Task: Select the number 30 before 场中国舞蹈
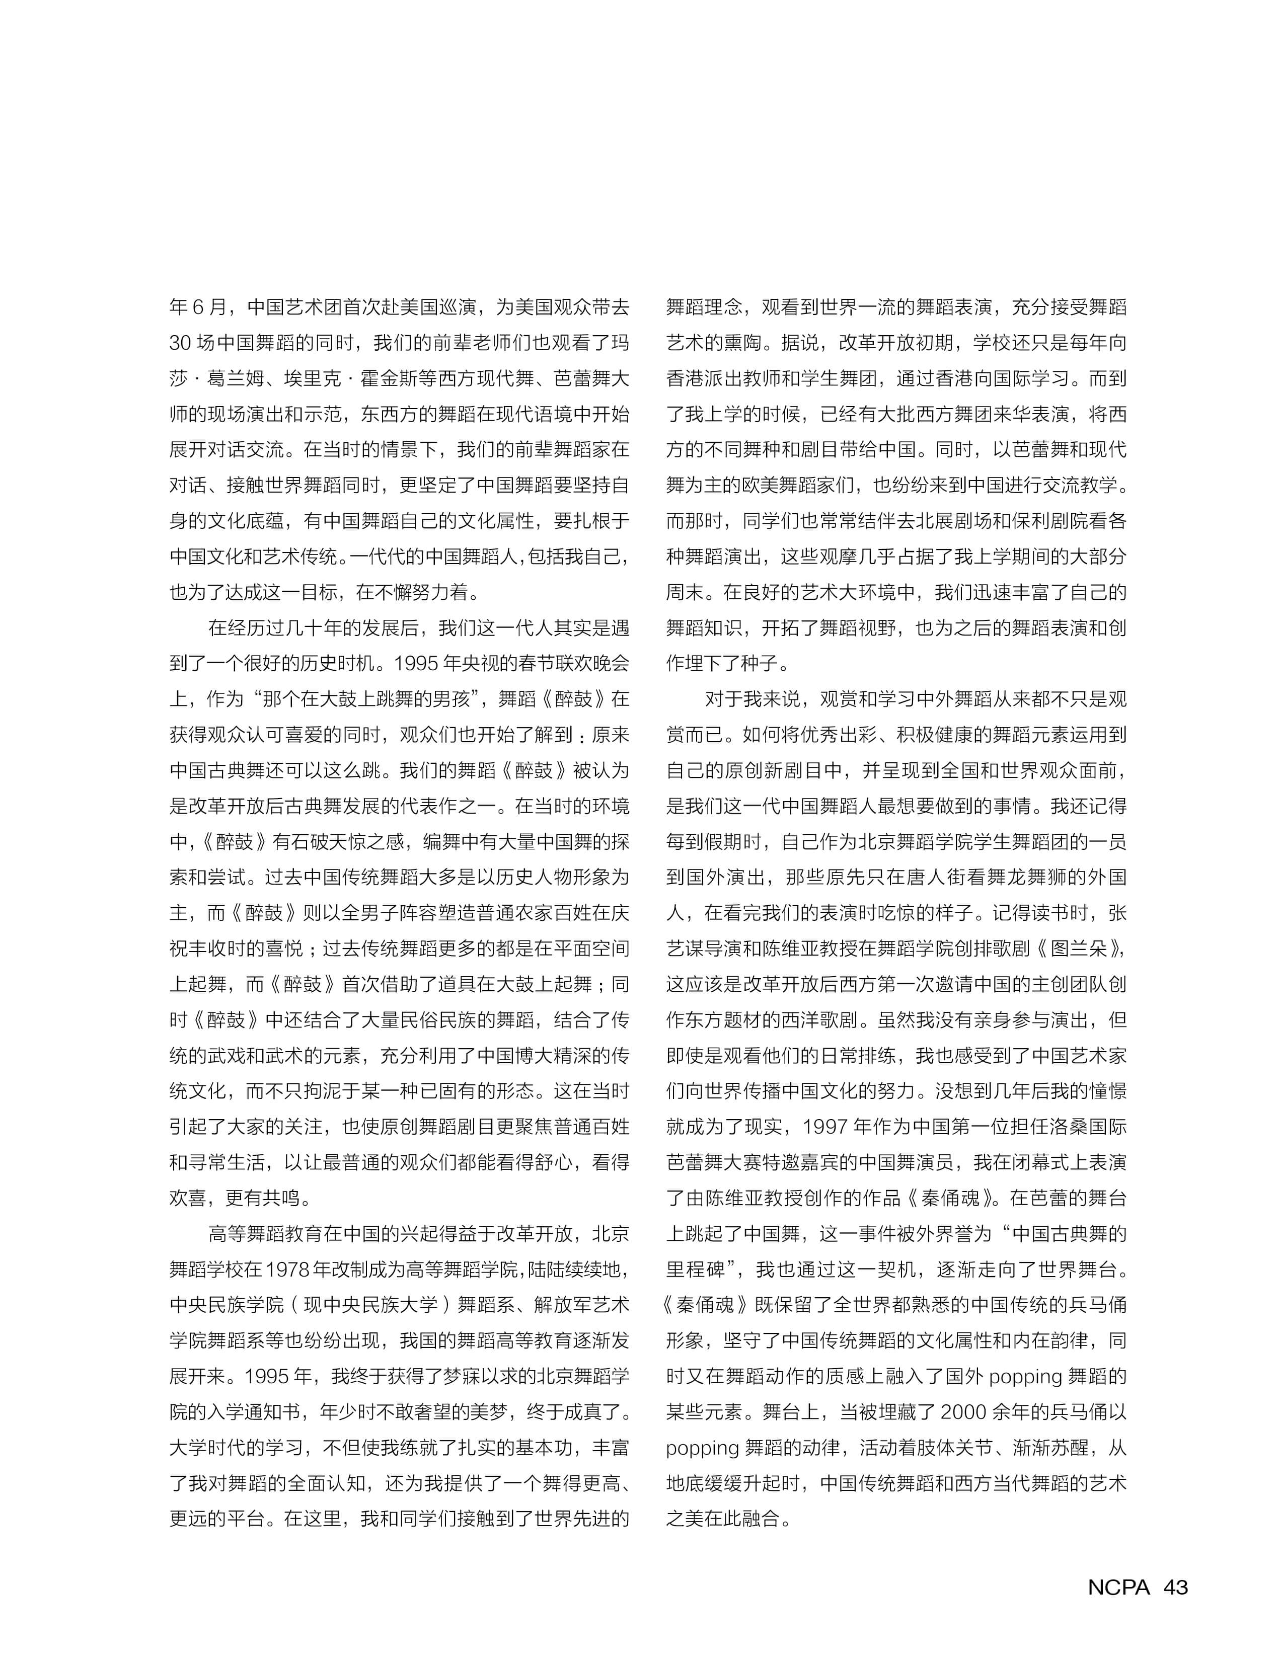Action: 180,343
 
